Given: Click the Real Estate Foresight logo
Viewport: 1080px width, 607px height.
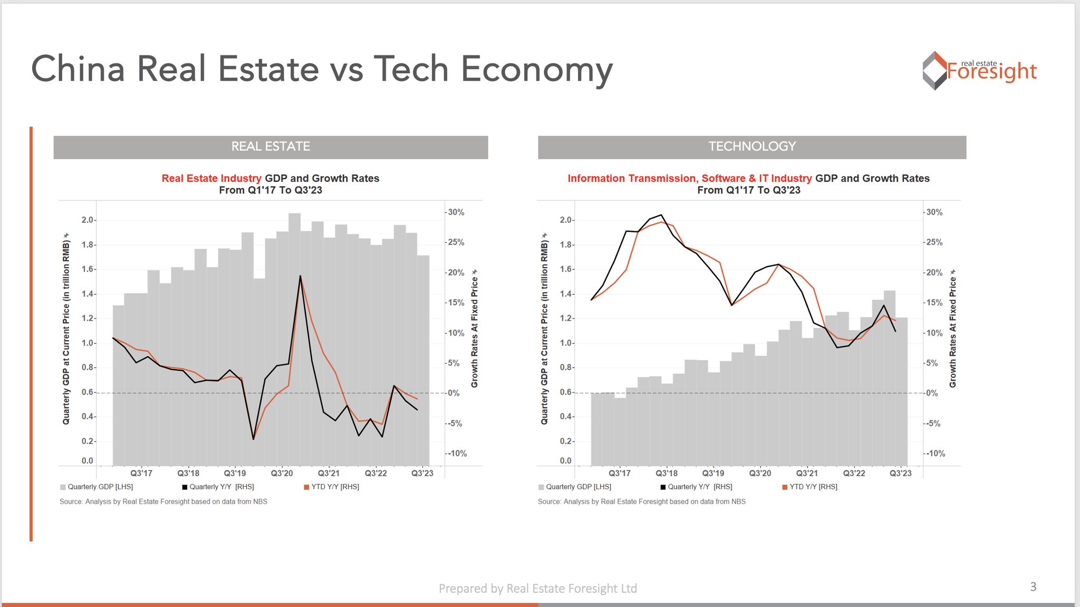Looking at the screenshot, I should (979, 71).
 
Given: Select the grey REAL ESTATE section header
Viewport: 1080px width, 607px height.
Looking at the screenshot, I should (271, 147).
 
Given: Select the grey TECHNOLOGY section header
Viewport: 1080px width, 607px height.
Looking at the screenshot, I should (751, 147).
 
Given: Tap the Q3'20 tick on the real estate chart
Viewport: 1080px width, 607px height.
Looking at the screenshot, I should (282, 473).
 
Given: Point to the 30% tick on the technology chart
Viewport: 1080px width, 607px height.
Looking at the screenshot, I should (934, 213).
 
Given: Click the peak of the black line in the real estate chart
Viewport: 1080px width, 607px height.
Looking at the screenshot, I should (300, 276).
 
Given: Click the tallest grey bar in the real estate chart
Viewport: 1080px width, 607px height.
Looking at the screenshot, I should (294, 338).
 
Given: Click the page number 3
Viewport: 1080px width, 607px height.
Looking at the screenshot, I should (1033, 586).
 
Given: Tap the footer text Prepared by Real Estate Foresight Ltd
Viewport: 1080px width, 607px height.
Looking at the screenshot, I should (537, 589).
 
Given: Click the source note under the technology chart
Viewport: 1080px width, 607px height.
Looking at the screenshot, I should (641, 502).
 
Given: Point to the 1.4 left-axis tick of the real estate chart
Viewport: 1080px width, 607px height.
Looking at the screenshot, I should (88, 294).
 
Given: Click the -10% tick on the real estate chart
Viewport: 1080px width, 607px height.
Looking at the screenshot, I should (457, 454).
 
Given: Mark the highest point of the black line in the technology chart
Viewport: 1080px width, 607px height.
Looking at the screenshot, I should (661, 215).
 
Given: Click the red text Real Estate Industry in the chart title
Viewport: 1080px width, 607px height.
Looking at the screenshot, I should (211, 178).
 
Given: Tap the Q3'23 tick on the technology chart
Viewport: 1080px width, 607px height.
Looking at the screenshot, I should (900, 473).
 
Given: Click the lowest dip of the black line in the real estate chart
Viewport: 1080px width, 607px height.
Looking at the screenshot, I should (253, 439).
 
